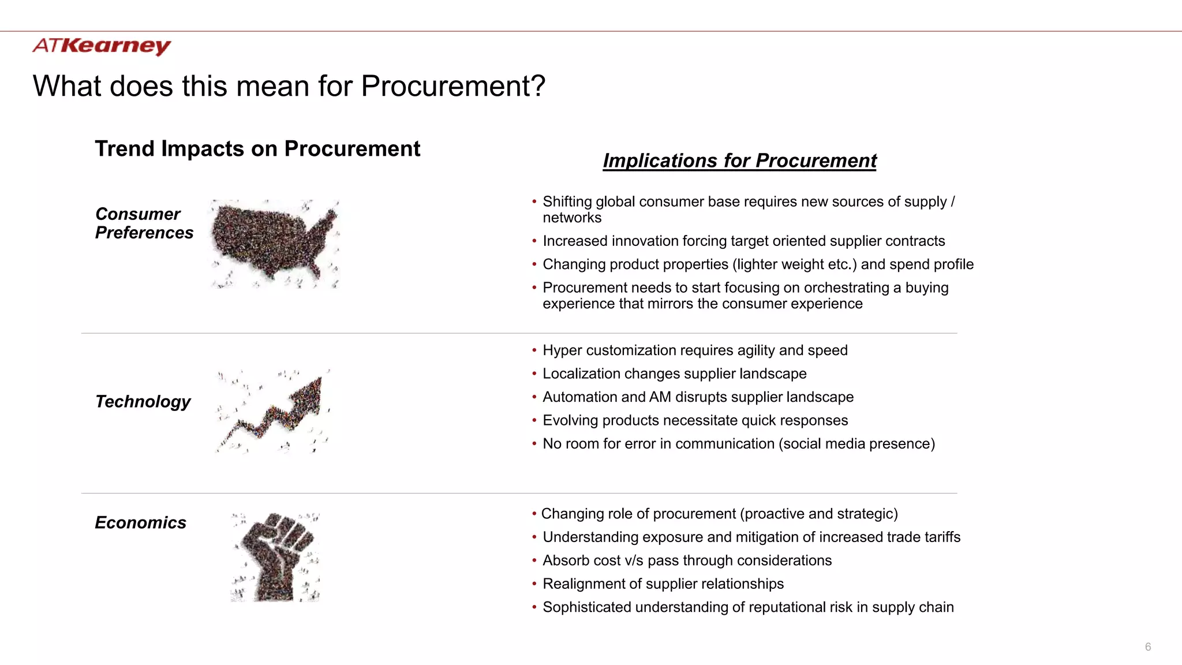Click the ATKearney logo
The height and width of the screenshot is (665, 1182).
point(102,46)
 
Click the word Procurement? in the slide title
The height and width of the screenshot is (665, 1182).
point(453,87)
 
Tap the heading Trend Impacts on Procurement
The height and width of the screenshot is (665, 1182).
point(257,149)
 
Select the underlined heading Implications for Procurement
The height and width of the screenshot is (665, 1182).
point(739,160)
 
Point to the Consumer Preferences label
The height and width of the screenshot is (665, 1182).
point(144,223)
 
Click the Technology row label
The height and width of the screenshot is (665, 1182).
point(143,402)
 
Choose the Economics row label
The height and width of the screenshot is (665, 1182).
point(140,523)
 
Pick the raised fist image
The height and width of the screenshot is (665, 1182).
point(276,556)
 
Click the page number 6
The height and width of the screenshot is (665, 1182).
point(1148,647)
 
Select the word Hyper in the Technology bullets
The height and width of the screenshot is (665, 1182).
point(562,351)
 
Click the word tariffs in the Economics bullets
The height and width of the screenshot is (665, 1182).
point(942,537)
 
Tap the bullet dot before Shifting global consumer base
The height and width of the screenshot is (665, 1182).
point(534,202)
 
